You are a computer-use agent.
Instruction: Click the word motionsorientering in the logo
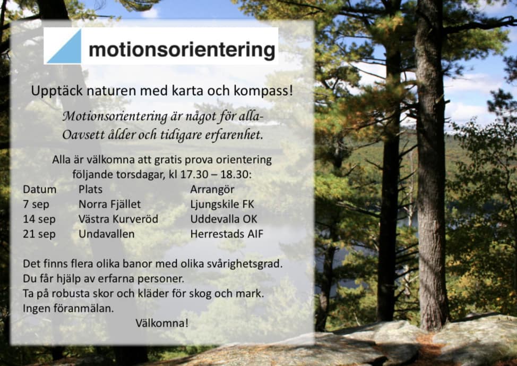[x=182, y=50]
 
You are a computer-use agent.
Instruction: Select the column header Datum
[x=40, y=190]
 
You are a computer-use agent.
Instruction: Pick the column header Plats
[x=90, y=190]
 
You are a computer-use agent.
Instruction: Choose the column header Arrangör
[x=212, y=190]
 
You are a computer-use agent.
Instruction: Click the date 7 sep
[x=36, y=205]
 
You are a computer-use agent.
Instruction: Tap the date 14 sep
[x=39, y=219]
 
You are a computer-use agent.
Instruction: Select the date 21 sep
[x=39, y=234]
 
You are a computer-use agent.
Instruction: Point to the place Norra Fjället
[x=109, y=205]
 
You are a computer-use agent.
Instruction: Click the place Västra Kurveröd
[x=118, y=219]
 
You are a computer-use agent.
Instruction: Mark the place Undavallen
[x=107, y=234]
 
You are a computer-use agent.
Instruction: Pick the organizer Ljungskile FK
[x=222, y=205]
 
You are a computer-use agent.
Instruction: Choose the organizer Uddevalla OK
[x=223, y=219]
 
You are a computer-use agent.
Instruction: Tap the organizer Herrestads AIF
[x=227, y=234]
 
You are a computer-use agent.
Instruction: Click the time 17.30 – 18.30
[x=214, y=175]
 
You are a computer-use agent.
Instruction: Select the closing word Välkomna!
[x=162, y=323]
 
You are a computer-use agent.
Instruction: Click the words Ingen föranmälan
[x=68, y=309]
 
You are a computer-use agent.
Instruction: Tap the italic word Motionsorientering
[x=115, y=116]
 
